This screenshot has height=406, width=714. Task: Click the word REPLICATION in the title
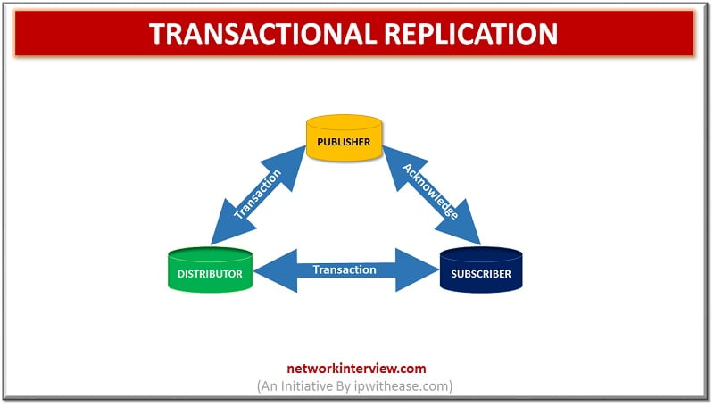point(471,33)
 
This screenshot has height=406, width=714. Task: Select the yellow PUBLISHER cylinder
point(344,138)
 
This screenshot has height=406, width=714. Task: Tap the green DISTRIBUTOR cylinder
point(210,269)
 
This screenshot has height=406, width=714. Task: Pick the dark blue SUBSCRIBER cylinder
point(481,269)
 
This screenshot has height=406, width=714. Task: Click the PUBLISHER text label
point(344,142)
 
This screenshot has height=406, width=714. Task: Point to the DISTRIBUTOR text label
point(210,274)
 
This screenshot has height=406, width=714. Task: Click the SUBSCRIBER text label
point(481,274)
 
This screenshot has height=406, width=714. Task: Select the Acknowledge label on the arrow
point(430,191)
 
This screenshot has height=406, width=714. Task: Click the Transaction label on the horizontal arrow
point(345,269)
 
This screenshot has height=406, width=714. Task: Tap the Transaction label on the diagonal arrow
point(258,194)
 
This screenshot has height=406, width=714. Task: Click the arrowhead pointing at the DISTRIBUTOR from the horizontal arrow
point(276,270)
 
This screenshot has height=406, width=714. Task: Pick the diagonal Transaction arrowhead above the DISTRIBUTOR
point(231,223)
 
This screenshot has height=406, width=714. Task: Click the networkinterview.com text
point(356,369)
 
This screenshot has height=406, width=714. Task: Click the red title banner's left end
point(15,33)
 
